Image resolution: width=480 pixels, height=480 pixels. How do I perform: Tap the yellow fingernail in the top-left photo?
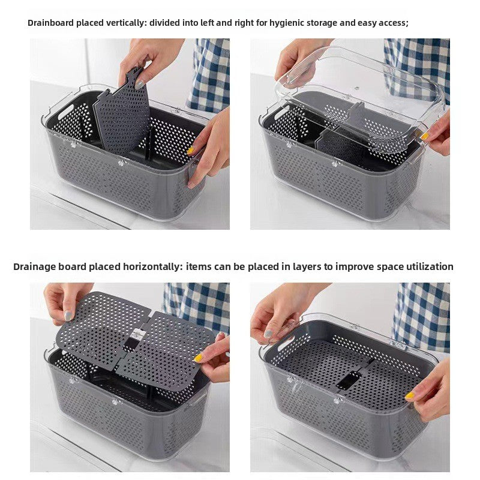pos(191,150)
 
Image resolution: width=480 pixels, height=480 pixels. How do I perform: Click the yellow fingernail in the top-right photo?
pos(425,136)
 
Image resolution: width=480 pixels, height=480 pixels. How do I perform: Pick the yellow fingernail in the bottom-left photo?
pos(198,358)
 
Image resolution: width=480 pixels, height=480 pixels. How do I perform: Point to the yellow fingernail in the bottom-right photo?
pos(410,395)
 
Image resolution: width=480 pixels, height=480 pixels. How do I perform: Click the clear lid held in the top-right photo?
pos(360,90)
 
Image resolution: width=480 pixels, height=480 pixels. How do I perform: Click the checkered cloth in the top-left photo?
pos(210,72)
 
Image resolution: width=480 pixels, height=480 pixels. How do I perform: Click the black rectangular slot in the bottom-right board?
pos(346,380)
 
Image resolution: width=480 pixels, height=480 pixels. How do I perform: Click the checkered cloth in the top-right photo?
pos(420,60)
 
